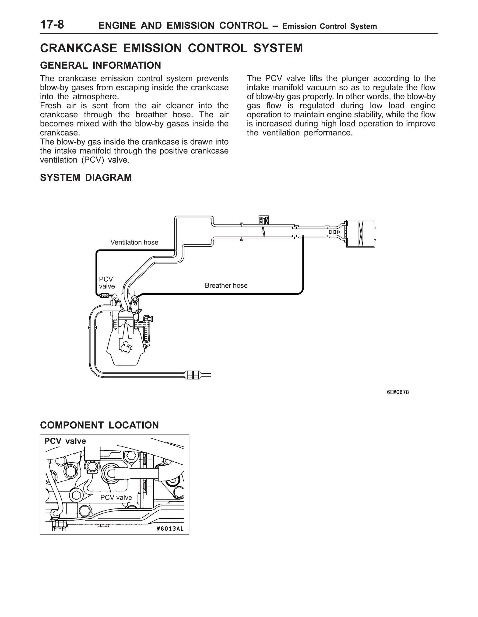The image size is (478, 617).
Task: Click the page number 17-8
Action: tap(52, 25)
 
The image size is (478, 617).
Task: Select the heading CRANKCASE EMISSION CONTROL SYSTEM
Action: tap(171, 48)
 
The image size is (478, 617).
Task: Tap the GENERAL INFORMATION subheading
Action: tap(100, 66)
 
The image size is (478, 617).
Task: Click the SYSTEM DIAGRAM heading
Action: tap(86, 178)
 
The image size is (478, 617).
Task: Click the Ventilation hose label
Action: tap(134, 242)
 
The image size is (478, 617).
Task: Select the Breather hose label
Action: tap(226, 285)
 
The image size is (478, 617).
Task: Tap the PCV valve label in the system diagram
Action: tap(107, 282)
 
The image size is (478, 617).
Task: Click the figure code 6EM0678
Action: tap(398, 392)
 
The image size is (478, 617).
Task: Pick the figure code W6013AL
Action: tap(170, 529)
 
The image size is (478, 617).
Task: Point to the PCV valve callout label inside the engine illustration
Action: tap(116, 498)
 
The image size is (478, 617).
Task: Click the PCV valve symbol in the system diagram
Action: tap(104, 296)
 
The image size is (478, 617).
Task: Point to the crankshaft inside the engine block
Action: tap(125, 346)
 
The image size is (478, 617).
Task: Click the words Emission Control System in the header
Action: tap(330, 26)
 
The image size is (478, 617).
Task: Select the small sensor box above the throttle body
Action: tap(264, 220)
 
